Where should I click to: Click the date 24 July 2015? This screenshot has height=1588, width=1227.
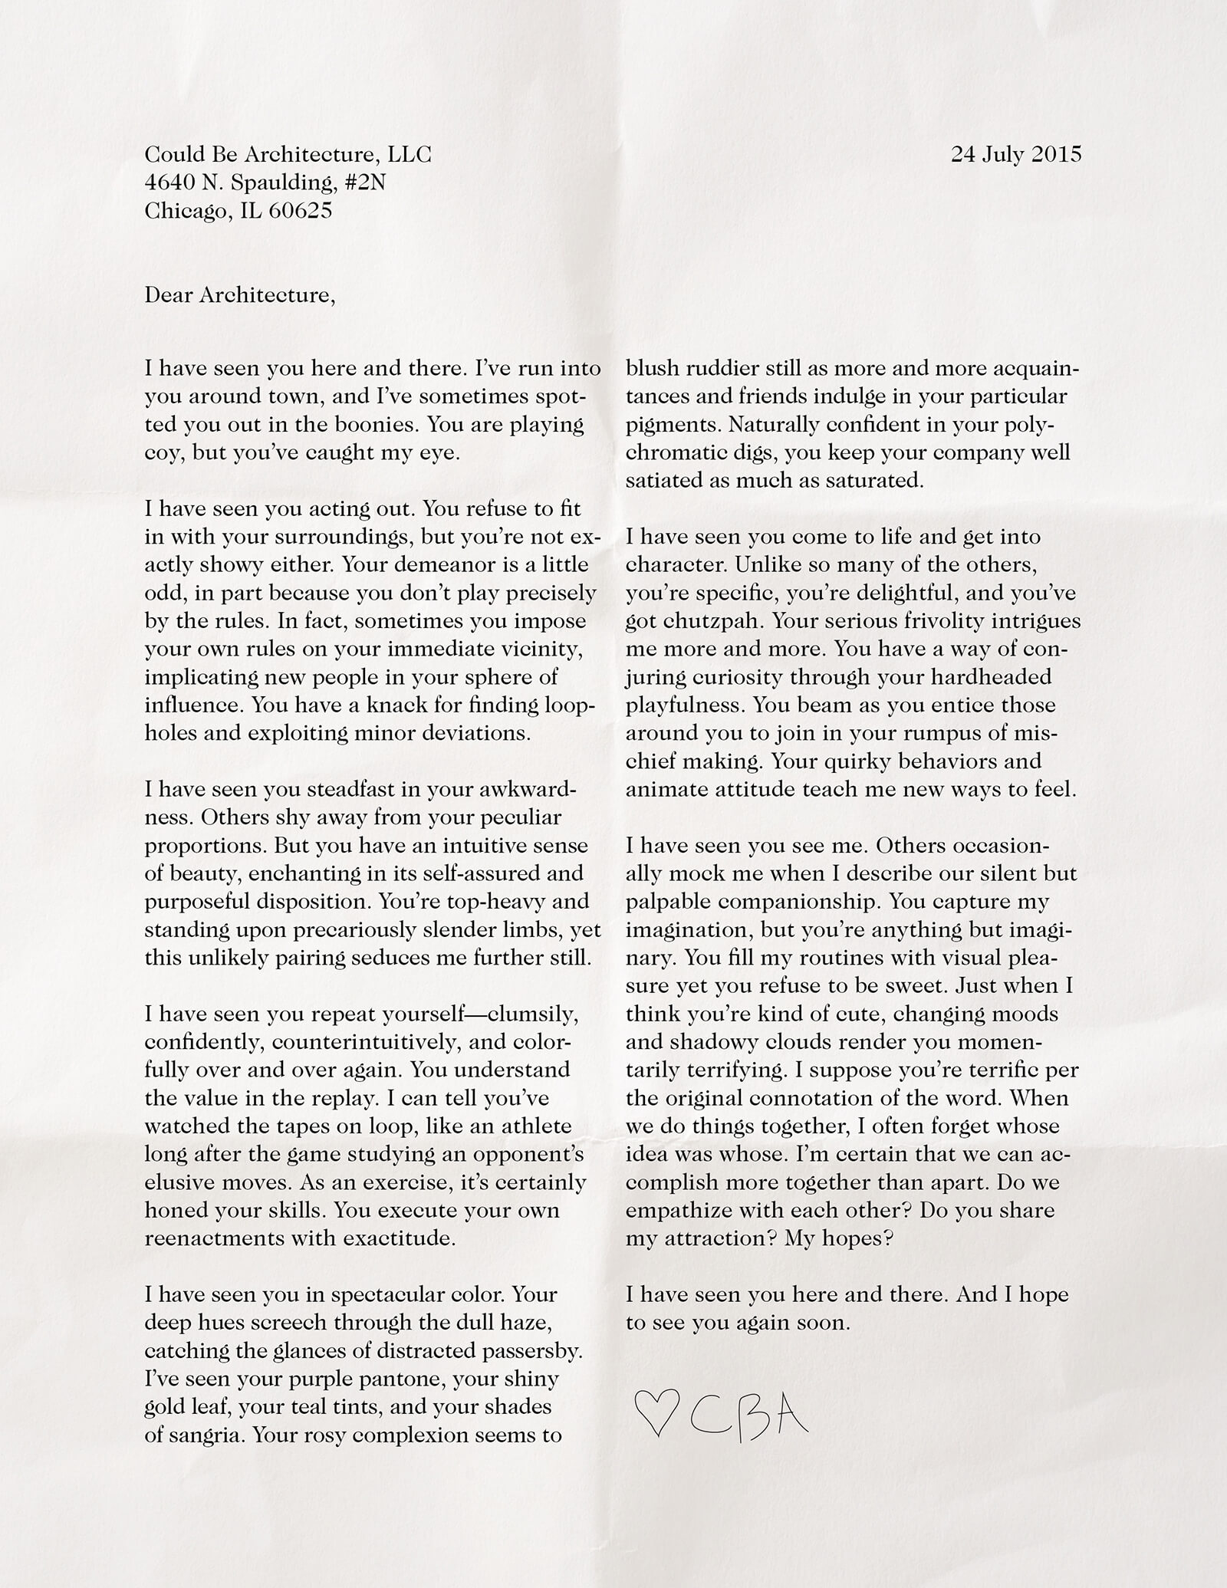click(1016, 154)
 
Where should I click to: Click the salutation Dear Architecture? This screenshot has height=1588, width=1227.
click(239, 295)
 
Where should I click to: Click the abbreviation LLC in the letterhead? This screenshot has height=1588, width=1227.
click(410, 154)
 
